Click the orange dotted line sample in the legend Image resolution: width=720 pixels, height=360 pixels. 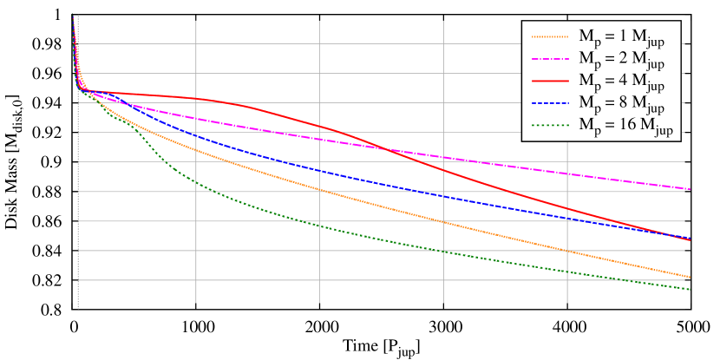[550, 36]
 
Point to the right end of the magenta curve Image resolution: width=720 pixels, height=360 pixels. [690, 189]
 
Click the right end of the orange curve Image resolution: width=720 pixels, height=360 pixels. [690, 278]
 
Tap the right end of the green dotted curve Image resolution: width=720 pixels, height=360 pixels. [690, 290]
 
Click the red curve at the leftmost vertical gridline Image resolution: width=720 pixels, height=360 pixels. [197, 99]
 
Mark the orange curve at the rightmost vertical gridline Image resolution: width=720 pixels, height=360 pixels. [567, 251]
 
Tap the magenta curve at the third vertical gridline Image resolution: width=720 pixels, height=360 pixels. [443, 157]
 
